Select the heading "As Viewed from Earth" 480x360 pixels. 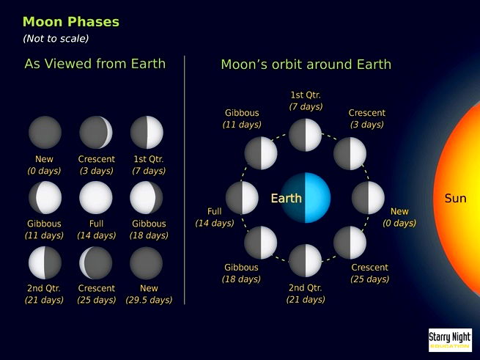pyautogui.click(x=95, y=64)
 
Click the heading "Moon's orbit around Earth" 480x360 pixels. pyautogui.click(x=306, y=65)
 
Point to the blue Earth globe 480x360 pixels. pyautogui.click(x=306, y=198)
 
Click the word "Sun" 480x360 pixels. pyautogui.click(x=455, y=199)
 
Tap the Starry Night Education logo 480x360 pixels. pyautogui.click(x=449, y=339)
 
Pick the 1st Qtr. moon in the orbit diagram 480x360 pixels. pyautogui.click(x=306, y=134)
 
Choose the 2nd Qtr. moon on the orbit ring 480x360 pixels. pyautogui.click(x=306, y=261)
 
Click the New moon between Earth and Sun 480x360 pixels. pyautogui.click(x=368, y=198)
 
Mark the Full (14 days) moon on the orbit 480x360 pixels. pyautogui.click(x=243, y=198)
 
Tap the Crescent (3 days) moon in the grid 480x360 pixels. pyautogui.click(x=96, y=133)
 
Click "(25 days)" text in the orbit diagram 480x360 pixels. pyautogui.click(x=370, y=279)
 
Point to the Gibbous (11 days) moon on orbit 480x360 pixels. pyautogui.click(x=261, y=153)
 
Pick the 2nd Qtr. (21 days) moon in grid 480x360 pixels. pyautogui.click(x=45, y=262)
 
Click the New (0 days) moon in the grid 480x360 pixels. pyautogui.click(x=45, y=133)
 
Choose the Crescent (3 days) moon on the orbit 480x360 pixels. pyautogui.click(x=350, y=153)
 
